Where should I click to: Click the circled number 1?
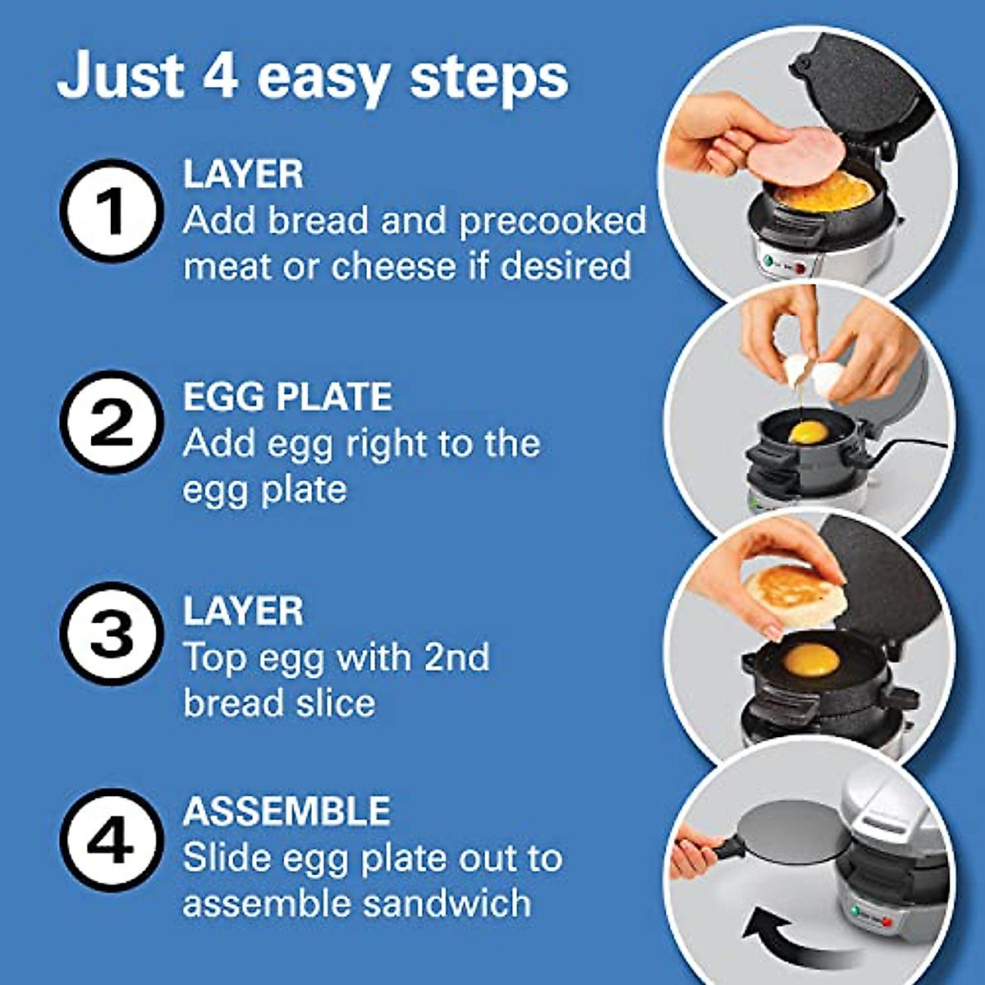coord(112,211)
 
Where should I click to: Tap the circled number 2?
coord(112,422)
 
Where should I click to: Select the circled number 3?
coord(112,633)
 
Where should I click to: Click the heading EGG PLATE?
coord(287,397)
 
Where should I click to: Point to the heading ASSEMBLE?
coord(286,812)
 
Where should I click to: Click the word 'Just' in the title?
coord(120,76)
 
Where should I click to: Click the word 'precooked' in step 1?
coord(552,221)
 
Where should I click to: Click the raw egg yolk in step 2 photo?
coord(808,432)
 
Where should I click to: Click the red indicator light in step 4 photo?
coord(886,922)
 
